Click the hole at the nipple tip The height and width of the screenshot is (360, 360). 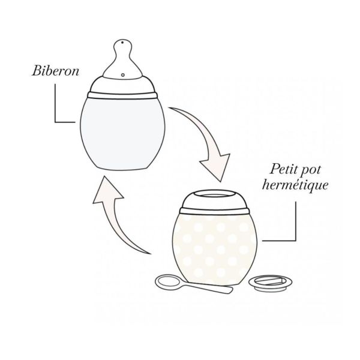(122, 43)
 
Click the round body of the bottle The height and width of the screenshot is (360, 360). (123, 129)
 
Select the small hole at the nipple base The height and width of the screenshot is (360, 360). (122, 76)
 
